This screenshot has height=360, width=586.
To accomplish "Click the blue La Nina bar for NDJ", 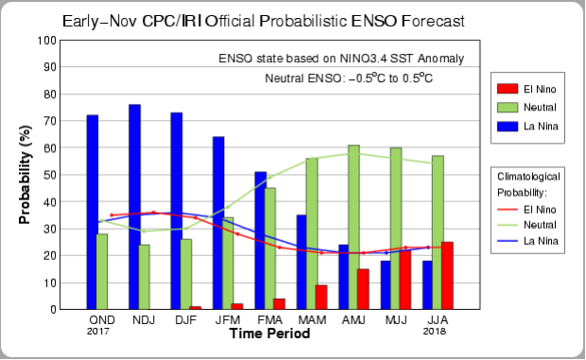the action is point(134,207).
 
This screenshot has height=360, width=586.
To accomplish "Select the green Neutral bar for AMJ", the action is point(353,228).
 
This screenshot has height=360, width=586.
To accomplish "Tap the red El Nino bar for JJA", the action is point(447,276).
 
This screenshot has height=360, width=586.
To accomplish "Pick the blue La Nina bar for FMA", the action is point(261,241).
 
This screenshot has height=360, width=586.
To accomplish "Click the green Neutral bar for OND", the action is point(102,272).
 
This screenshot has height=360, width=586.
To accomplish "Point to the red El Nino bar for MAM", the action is point(321,298).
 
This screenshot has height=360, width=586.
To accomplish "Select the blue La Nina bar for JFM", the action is point(218,223).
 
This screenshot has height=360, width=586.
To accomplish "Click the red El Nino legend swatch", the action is point(508,89).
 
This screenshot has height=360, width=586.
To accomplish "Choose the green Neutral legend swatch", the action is point(508,108).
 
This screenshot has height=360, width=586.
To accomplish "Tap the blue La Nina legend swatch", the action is point(508,127).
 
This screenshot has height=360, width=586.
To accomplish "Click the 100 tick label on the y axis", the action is point(46,41).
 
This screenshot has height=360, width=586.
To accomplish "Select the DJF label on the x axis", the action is point(186,320).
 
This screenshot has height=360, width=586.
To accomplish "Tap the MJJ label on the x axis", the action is point(396,320).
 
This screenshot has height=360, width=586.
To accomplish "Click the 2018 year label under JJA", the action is point(434,332).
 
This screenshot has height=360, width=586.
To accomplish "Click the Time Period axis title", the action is point(269,334).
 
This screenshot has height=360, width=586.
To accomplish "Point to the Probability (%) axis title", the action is point(25,175).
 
